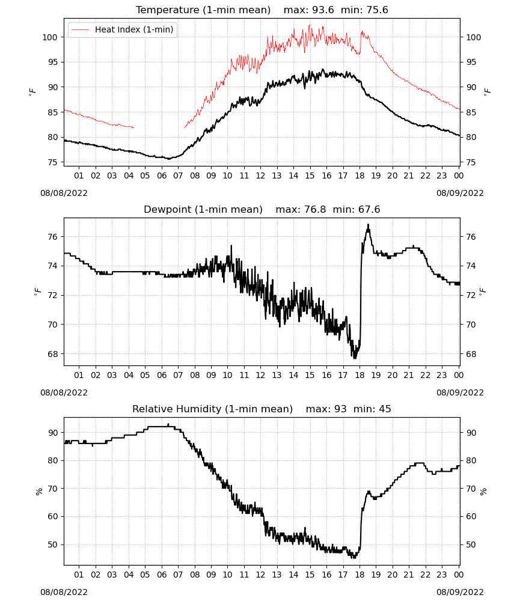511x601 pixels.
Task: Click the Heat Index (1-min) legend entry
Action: click(x=122, y=29)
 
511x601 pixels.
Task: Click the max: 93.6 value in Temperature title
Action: click(x=308, y=10)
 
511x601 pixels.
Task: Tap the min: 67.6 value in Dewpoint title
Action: click(x=356, y=210)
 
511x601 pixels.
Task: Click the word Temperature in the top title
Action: click(x=167, y=10)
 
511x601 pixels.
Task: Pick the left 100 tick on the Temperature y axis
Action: click(x=50, y=37)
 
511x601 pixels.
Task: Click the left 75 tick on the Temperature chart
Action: click(x=52, y=162)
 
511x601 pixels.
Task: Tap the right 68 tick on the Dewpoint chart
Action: click(x=471, y=354)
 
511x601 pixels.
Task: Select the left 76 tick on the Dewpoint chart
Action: click(x=52, y=237)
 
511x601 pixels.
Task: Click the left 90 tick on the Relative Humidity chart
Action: click(x=52, y=433)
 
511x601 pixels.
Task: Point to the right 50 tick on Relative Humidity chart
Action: click(x=471, y=545)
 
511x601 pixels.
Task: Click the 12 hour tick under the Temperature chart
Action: click(x=260, y=175)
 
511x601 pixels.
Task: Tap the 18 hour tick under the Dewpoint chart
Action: click(x=360, y=375)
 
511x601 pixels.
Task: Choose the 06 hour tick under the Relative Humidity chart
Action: click(x=162, y=575)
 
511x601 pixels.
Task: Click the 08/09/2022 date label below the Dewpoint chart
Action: click(x=460, y=392)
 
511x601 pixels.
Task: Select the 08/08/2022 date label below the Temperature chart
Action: click(x=64, y=193)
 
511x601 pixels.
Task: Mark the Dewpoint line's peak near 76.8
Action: click(x=369, y=225)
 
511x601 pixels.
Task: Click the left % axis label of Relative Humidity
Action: click(x=38, y=492)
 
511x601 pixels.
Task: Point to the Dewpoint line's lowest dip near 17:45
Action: click(x=355, y=358)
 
